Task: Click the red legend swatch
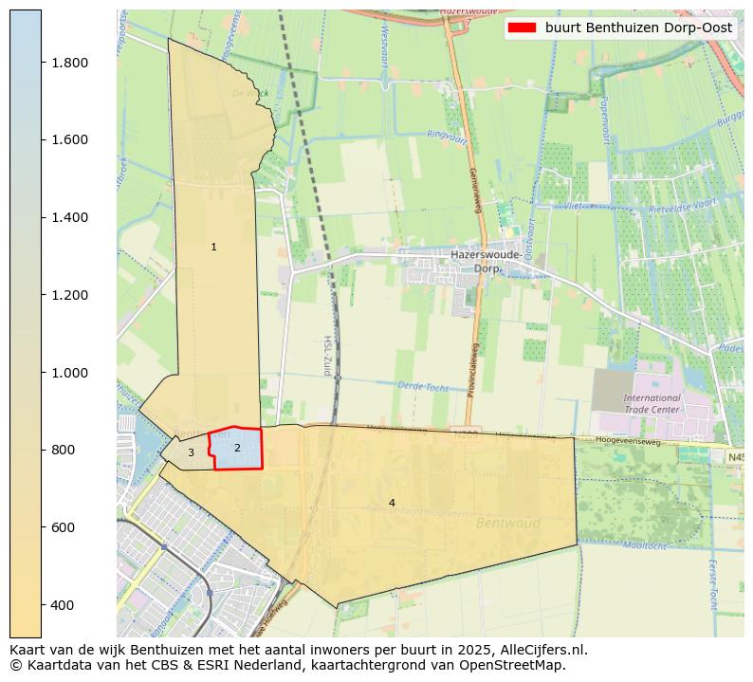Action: (x=522, y=28)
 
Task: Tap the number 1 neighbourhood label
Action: (x=213, y=247)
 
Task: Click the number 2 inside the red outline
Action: (x=237, y=448)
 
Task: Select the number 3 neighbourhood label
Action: (x=191, y=452)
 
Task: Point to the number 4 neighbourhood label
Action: (x=392, y=503)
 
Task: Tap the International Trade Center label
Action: (x=652, y=403)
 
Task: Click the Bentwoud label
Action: (x=507, y=523)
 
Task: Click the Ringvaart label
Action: (x=448, y=135)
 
